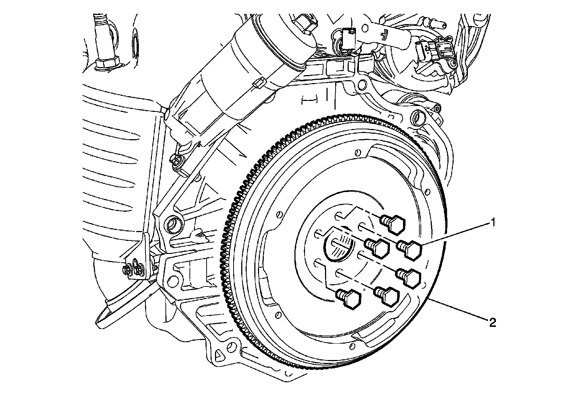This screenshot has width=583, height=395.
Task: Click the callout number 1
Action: click(x=493, y=222)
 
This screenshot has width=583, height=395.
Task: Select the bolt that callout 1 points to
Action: click(x=410, y=250)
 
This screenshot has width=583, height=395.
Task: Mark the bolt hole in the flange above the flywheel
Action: click(x=362, y=86)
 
